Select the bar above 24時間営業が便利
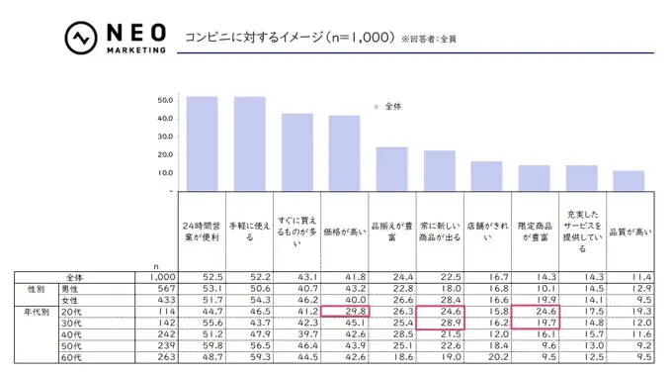pos(202,143)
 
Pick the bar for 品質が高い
pos(629,180)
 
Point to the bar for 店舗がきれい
pos(486,175)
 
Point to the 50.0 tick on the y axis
pos(164,100)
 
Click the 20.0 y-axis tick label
pos(164,154)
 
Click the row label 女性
pos(70,298)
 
